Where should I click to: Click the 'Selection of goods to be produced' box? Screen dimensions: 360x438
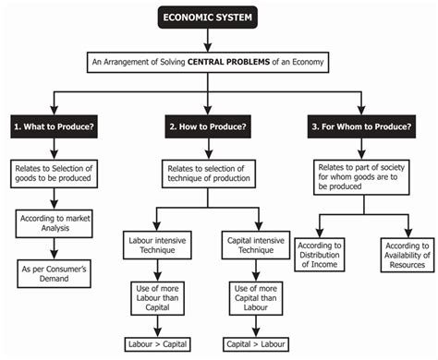tap(58, 176)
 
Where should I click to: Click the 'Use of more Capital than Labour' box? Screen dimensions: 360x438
tap(252, 299)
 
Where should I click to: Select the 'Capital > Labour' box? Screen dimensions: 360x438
tap(252, 344)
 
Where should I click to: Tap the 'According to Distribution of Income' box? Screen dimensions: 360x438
tap(320, 255)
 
